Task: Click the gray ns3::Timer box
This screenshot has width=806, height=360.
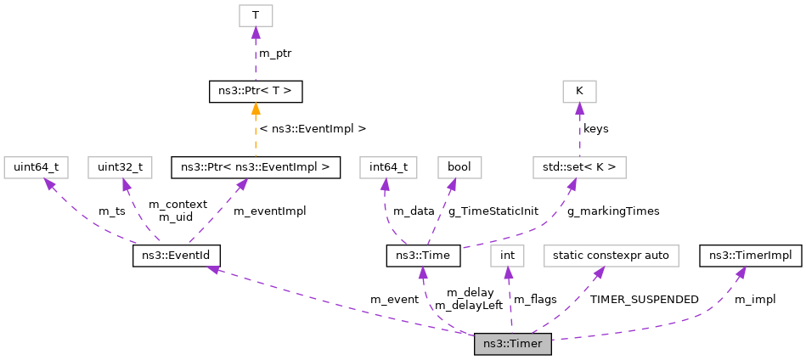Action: (x=513, y=344)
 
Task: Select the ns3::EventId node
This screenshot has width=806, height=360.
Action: (x=177, y=255)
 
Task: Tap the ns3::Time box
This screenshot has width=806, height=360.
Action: (x=423, y=255)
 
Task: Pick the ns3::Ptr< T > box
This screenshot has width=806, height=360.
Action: (x=256, y=91)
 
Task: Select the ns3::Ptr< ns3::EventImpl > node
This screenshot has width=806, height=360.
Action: (x=256, y=166)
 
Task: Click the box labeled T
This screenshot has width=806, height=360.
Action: (x=256, y=15)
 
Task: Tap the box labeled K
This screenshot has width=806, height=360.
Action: (x=579, y=91)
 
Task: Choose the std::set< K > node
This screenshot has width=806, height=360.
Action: (x=579, y=166)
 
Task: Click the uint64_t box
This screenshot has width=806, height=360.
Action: (x=36, y=166)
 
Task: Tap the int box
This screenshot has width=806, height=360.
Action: (x=507, y=255)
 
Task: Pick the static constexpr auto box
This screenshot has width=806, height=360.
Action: (x=611, y=255)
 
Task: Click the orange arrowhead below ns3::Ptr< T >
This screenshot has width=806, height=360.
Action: (x=256, y=109)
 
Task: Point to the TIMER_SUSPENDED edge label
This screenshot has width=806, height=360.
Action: (x=644, y=300)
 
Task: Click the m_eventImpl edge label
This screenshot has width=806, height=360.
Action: (x=269, y=211)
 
